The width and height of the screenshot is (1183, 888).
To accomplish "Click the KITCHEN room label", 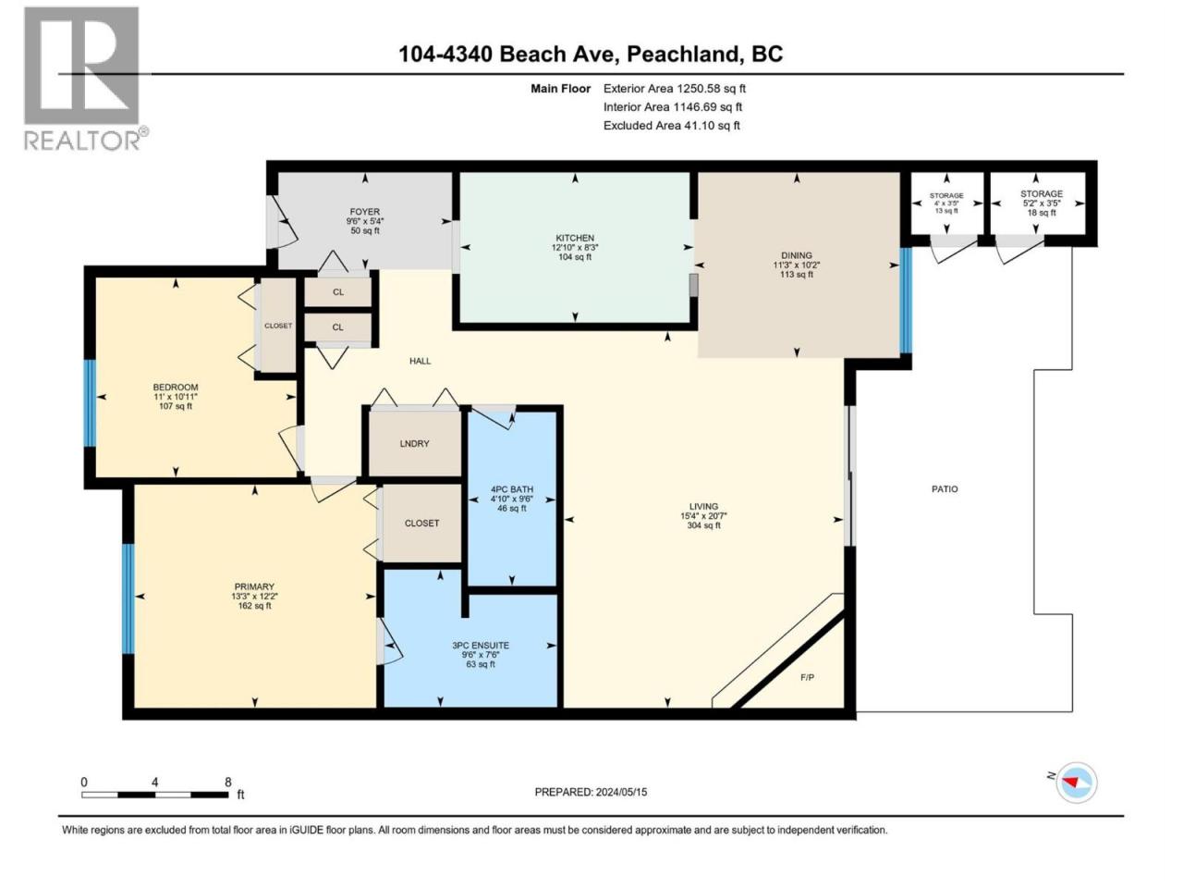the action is (x=575, y=238).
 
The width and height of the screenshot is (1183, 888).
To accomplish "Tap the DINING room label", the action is (x=797, y=255).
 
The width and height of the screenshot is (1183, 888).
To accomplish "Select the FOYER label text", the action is (x=365, y=212).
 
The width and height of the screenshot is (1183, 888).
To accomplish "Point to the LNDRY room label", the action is (x=414, y=444).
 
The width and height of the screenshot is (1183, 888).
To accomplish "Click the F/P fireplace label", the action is (x=808, y=678).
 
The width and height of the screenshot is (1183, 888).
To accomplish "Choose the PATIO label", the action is (x=945, y=489).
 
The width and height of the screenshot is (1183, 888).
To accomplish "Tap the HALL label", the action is (x=420, y=362).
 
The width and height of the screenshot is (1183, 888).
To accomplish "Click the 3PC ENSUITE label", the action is (x=481, y=646).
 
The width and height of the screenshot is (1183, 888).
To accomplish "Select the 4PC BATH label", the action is (x=512, y=489).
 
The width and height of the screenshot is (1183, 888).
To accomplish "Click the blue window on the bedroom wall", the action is (x=90, y=403).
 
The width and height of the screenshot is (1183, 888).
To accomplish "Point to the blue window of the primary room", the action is (x=128, y=599).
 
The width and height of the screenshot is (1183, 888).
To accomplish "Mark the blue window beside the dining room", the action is (x=906, y=301).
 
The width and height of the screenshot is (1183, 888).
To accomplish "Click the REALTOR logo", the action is (x=86, y=79).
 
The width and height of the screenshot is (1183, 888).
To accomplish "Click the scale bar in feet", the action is (x=155, y=795).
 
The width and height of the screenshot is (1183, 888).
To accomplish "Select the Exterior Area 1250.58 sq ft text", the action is (x=675, y=89).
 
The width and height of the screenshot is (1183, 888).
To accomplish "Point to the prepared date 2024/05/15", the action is (x=621, y=792).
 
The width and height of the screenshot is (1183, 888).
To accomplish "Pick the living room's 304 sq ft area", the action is (x=704, y=525).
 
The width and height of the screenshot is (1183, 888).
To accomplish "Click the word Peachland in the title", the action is (x=682, y=55).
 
